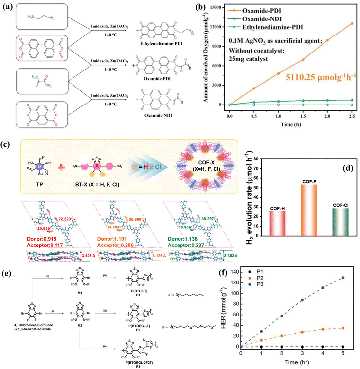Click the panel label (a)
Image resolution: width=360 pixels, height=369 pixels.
(x=7, y=7)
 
